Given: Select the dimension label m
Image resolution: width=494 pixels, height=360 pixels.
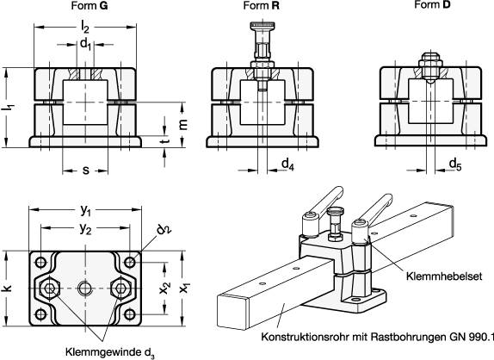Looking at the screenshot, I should (182, 124).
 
